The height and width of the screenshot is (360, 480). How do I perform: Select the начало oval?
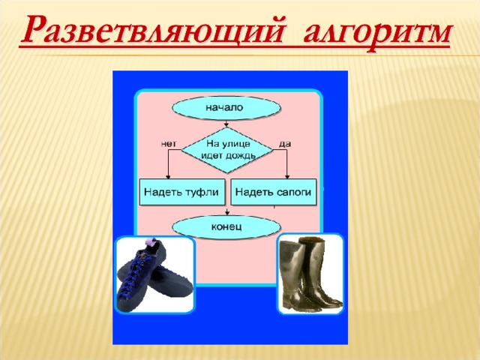(226, 108)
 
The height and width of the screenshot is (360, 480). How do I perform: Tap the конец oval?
(226, 227)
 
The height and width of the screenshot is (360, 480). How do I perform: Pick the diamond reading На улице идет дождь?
(226, 150)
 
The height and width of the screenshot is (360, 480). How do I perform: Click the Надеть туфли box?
(182, 192)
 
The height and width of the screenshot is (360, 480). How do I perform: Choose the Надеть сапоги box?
(273, 192)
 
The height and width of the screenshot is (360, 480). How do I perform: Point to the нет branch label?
(169, 144)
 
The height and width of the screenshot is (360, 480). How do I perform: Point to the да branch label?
(285, 144)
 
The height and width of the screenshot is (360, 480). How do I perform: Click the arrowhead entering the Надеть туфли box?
(168, 177)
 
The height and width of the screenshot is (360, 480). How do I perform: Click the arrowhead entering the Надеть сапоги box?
(287, 177)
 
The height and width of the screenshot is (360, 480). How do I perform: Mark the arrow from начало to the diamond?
(226, 123)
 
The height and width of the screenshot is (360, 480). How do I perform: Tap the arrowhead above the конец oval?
(226, 212)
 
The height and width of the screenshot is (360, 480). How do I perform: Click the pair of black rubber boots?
(310, 274)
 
